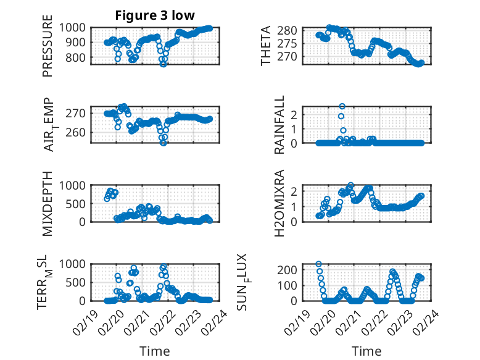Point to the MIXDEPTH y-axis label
pyautogui.click(x=48, y=203)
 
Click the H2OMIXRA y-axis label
pyautogui.click(x=279, y=203)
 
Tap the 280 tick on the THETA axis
pyautogui.click(x=292, y=30)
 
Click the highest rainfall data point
pyautogui.click(x=342, y=106)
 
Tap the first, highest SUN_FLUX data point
pyautogui.click(x=318, y=264)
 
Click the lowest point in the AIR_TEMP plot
pyautogui.click(x=163, y=142)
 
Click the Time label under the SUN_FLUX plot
pyautogui.click(x=366, y=351)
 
